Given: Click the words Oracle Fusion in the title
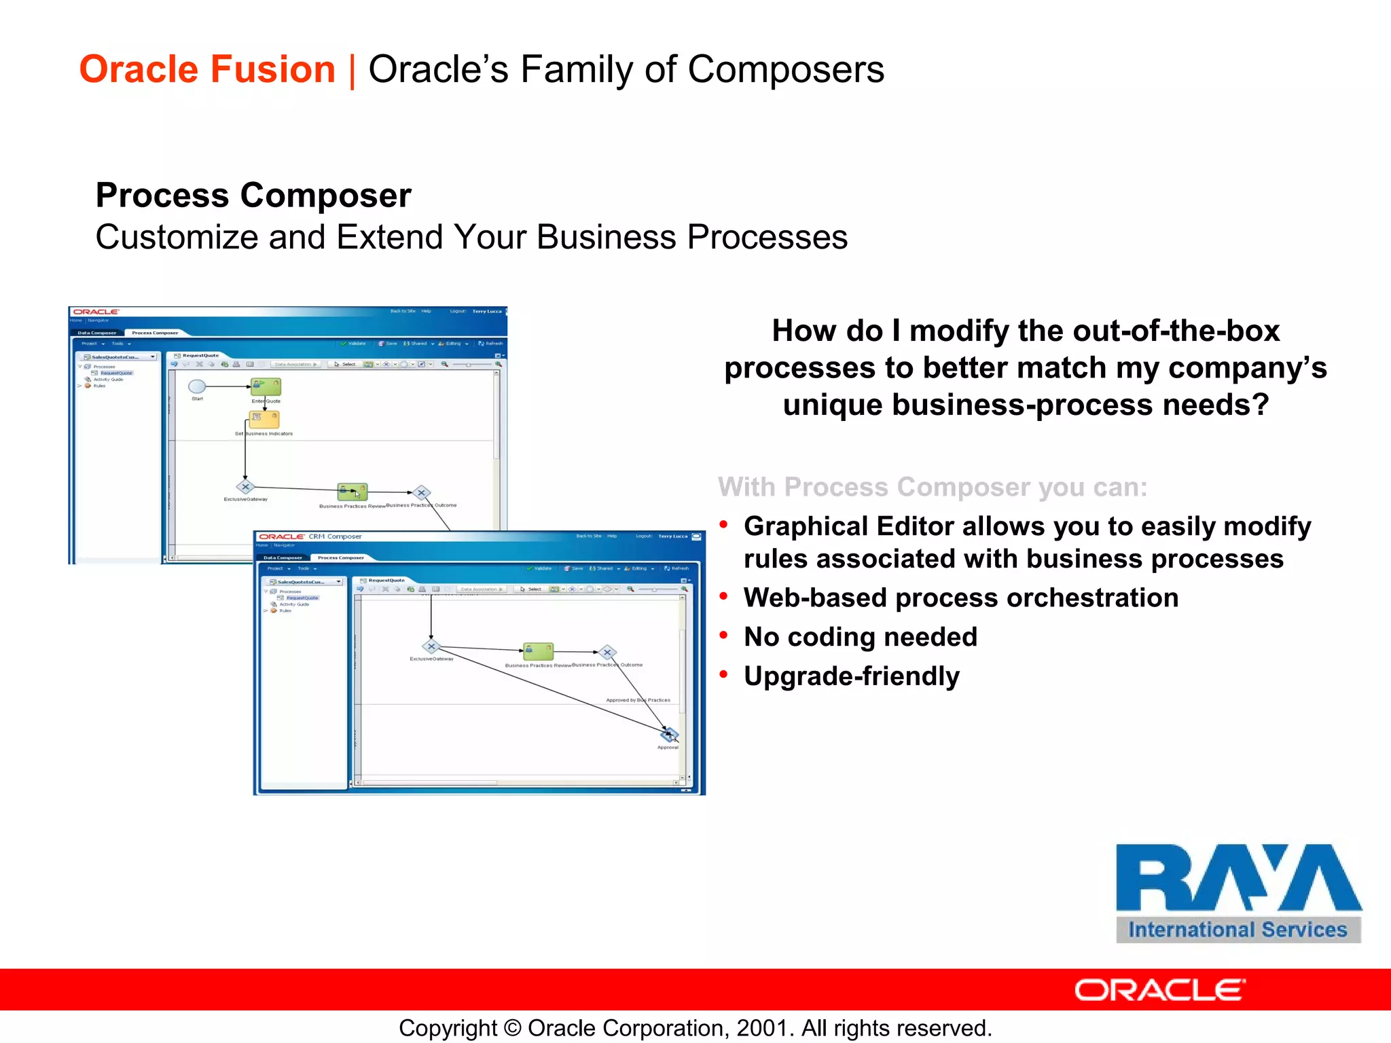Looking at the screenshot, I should pyautogui.click(x=207, y=70).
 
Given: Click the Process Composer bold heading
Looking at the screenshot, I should pyautogui.click(x=253, y=196).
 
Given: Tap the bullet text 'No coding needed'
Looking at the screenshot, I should pyautogui.click(x=860, y=637).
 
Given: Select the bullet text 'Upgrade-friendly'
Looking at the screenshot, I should pyautogui.click(x=851, y=676).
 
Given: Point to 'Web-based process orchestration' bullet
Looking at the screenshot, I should pyautogui.click(x=960, y=598).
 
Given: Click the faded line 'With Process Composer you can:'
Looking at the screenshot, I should pyautogui.click(x=932, y=488).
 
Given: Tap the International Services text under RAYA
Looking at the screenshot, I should pyautogui.click(x=1238, y=930).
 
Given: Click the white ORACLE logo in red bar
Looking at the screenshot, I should pyautogui.click(x=1159, y=990).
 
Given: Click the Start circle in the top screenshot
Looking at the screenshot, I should pyautogui.click(x=197, y=386).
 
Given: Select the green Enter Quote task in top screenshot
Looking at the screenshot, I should pyautogui.click(x=266, y=386).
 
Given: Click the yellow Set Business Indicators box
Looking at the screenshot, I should pyautogui.click(x=264, y=419).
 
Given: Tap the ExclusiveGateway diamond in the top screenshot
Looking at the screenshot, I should pyautogui.click(x=245, y=487).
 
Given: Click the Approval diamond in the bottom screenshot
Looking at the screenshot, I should pyautogui.click(x=669, y=734).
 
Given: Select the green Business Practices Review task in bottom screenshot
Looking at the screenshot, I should pyautogui.click(x=538, y=651).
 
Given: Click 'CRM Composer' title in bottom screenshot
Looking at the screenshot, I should pyautogui.click(x=335, y=536).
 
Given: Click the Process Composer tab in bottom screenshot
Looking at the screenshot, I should pyautogui.click(x=341, y=557).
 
